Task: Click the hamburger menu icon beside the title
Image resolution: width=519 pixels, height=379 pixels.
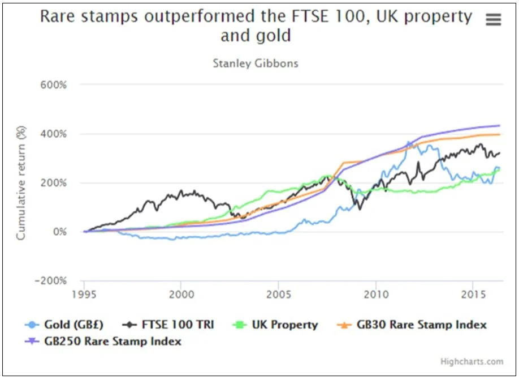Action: pos(493,19)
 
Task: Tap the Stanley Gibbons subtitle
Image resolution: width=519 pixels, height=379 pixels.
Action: pos(255,63)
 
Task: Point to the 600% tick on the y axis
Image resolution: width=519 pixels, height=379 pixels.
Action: pos(53,85)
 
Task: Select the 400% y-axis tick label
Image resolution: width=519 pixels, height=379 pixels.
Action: pos(53,134)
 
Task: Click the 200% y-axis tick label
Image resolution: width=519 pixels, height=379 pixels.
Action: pos(53,183)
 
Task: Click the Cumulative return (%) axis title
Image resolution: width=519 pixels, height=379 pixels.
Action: pos(21,182)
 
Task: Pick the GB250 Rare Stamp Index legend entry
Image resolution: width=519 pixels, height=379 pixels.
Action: pos(111,341)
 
